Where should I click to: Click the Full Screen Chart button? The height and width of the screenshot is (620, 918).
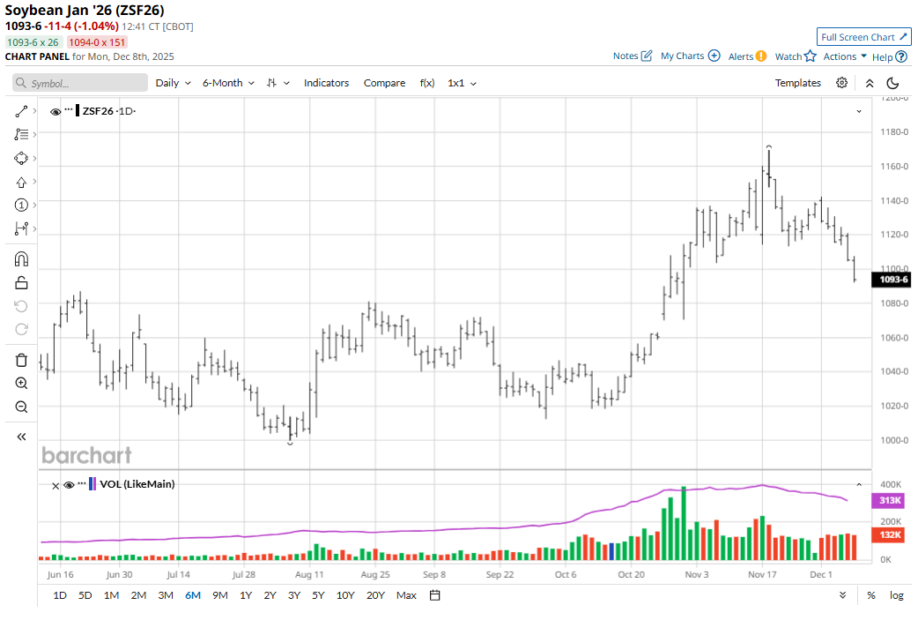(x=863, y=37)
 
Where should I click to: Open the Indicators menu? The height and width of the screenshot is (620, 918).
(x=326, y=83)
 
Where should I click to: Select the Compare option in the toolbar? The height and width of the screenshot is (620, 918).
(x=384, y=83)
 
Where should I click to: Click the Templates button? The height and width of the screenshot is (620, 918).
(x=797, y=83)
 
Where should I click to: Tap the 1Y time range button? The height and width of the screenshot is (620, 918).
(x=246, y=595)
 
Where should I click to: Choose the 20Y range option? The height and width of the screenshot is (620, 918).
(x=375, y=595)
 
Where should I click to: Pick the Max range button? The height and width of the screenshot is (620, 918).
(x=406, y=595)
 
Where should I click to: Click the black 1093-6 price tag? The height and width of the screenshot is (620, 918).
(x=891, y=280)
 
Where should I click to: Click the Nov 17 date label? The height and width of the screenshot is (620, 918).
(x=762, y=574)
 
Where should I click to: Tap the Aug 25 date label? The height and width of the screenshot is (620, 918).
(x=375, y=574)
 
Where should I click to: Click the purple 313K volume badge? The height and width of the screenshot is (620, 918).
(x=891, y=501)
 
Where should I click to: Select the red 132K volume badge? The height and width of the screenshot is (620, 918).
(x=891, y=534)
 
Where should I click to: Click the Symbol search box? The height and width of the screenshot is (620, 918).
(x=80, y=83)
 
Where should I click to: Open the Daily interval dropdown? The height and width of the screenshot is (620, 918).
(x=173, y=83)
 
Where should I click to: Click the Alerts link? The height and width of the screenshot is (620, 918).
(x=747, y=56)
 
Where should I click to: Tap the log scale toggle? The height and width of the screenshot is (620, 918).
(x=896, y=595)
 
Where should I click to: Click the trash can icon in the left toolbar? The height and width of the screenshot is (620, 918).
(x=22, y=360)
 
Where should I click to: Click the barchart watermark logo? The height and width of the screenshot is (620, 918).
(x=86, y=455)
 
